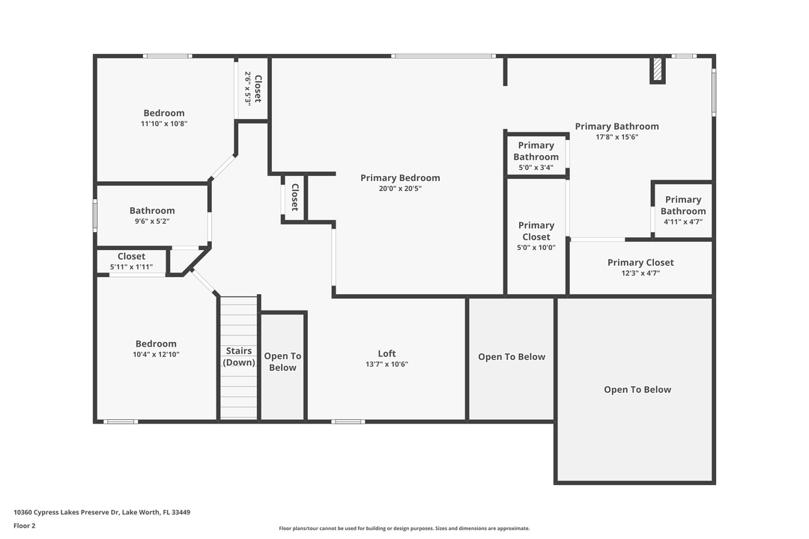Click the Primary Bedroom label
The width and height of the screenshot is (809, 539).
pos(400,178)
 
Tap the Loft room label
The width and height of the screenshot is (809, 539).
pos(387,353)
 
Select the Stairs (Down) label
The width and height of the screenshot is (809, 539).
pos(239,356)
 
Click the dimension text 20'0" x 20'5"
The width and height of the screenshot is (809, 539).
pos(400,189)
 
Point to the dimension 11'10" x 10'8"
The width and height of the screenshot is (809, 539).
pos(164,124)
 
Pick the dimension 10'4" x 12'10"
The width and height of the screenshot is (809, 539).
pos(156,354)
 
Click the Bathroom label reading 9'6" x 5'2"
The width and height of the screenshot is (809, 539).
pos(152,210)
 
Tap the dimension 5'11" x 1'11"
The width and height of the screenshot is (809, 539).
pos(132,267)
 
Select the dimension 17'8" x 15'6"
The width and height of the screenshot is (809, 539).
pos(617,137)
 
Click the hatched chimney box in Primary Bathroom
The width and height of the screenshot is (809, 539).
pos(658,70)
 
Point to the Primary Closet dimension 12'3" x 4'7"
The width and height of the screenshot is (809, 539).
pos(640,273)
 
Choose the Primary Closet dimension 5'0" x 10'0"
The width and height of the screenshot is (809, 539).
pos(536,248)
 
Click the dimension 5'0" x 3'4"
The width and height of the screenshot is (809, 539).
pos(536,168)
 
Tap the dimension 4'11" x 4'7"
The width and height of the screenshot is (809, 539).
pos(683,222)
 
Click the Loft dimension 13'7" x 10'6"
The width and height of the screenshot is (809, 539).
pos(387,364)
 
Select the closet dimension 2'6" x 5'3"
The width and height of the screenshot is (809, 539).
pos(248,89)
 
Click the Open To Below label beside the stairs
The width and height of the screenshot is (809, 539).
pos(282,362)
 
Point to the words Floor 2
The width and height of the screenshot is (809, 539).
pos(25,526)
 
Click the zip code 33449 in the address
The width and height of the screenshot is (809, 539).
pos(181,512)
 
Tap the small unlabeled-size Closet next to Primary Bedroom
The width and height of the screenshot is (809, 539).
pos(294,198)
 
